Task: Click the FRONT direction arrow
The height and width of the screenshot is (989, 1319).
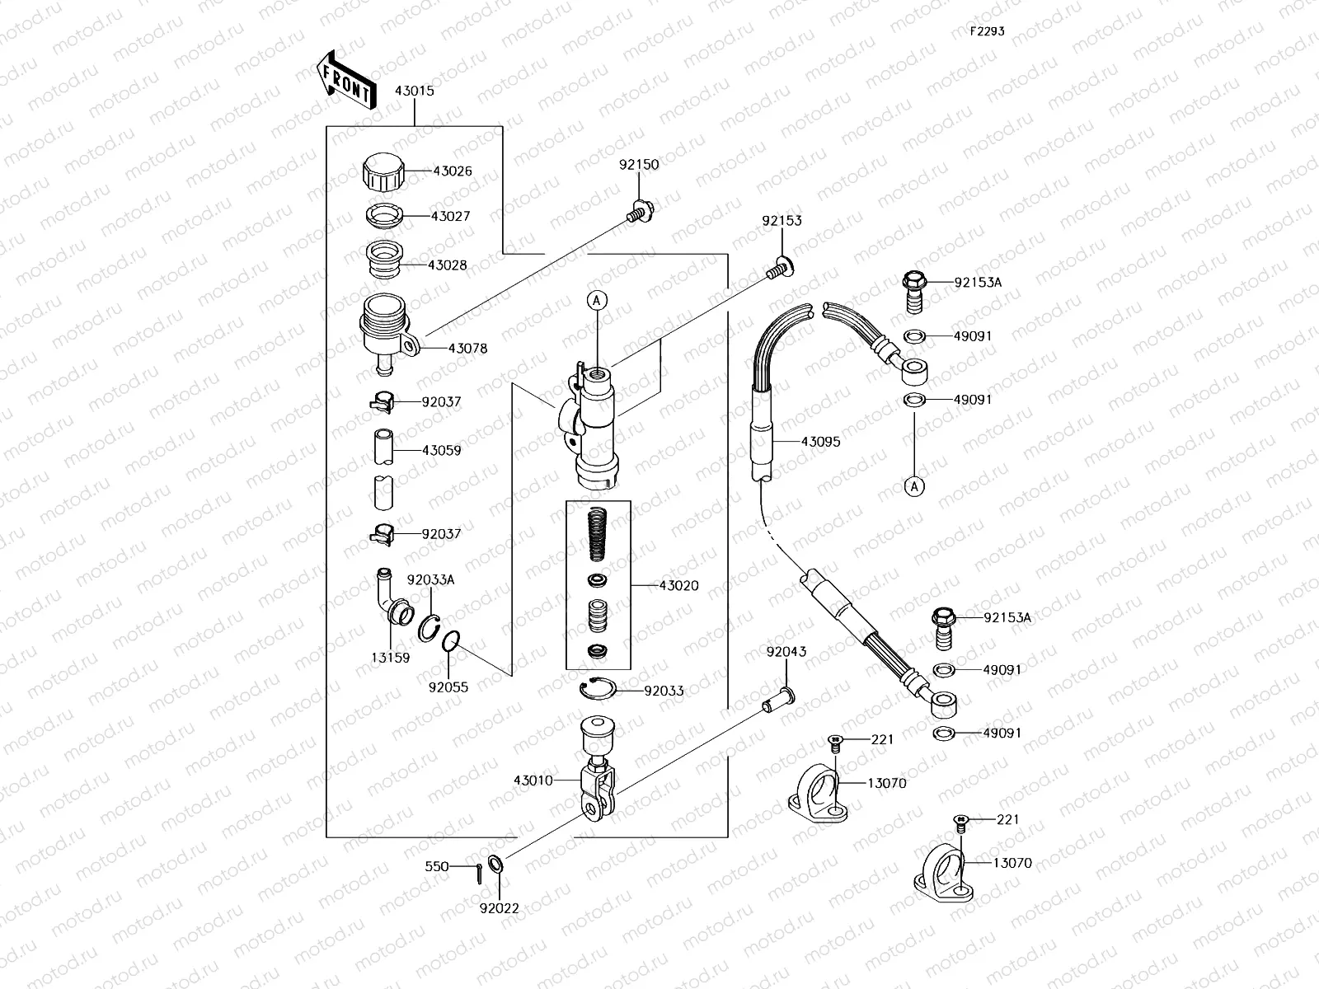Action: click(345, 82)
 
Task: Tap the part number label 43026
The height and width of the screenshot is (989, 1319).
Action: click(453, 171)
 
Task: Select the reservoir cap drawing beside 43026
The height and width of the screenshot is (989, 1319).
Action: click(384, 172)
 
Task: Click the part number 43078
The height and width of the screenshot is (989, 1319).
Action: click(467, 349)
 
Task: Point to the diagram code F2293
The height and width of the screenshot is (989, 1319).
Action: click(986, 31)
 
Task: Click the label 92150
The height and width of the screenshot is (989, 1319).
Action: click(639, 165)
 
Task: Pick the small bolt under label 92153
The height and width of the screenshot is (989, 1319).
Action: click(778, 267)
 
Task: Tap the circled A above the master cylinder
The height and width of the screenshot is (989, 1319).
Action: click(597, 302)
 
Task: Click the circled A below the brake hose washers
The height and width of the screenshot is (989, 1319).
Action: click(913, 487)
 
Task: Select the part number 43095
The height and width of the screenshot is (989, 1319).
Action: click(820, 442)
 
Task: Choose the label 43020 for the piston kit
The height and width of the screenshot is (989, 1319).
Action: click(678, 586)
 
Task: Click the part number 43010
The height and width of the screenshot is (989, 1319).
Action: click(533, 780)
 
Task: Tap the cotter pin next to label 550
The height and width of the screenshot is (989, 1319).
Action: click(479, 872)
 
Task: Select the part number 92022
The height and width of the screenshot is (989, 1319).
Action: click(500, 908)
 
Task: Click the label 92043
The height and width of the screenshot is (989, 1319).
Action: click(786, 652)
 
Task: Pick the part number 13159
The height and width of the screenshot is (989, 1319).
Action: click(390, 658)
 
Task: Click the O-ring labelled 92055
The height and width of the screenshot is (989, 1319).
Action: click(451, 640)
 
